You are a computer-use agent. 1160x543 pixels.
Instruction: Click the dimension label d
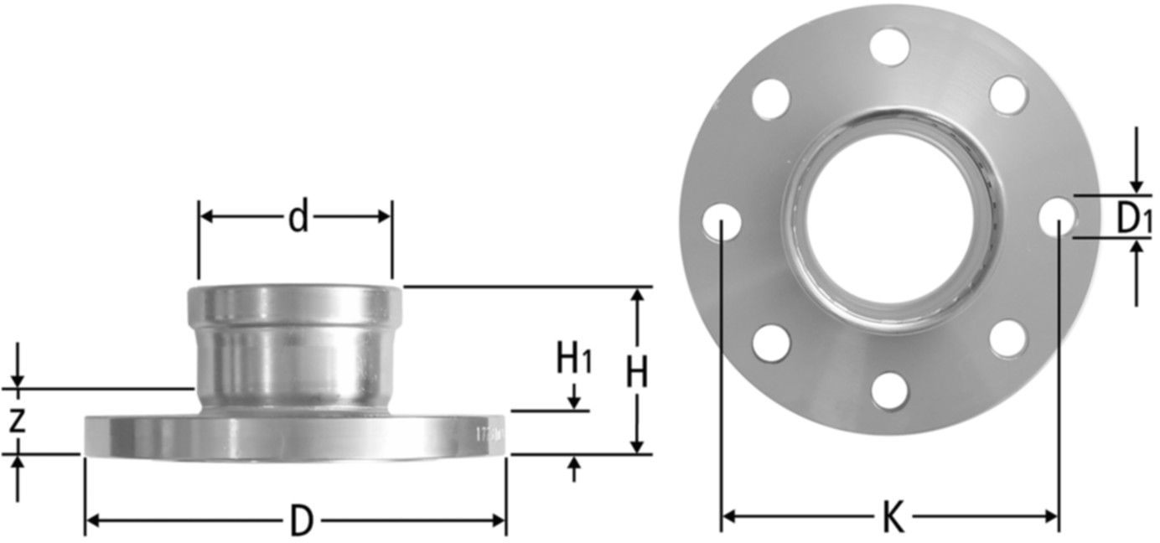pos(298,218)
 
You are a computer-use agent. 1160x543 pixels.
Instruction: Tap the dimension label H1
pos(575,360)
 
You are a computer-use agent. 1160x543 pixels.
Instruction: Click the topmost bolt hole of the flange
pos(889,46)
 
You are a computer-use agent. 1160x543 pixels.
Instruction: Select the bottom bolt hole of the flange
pos(889,392)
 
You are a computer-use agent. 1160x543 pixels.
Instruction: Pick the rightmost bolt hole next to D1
pos(1058,216)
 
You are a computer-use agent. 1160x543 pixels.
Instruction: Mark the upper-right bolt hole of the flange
pos(1008,95)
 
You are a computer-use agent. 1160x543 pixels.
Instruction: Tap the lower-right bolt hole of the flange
pos(1007,339)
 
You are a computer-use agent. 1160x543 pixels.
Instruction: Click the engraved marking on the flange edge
pos(488,436)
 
